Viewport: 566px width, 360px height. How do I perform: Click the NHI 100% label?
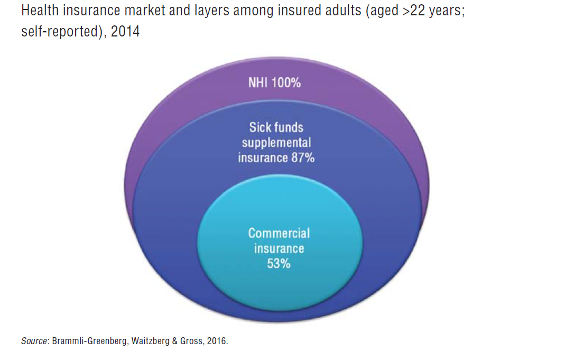[274, 83]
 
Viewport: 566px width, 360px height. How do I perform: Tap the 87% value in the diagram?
[302, 158]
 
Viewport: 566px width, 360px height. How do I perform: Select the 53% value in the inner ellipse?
[279, 263]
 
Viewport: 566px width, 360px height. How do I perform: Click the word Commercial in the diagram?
[279, 233]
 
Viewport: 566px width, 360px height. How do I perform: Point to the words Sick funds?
[276, 127]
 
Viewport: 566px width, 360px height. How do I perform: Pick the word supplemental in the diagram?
[276, 143]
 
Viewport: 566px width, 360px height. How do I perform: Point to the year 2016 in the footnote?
[216, 341]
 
